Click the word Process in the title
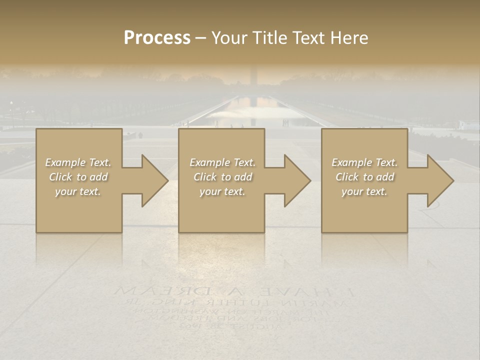[x=157, y=37]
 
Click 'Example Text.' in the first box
[x=78, y=162]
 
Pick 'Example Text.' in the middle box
[x=222, y=162]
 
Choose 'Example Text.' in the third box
[x=364, y=162]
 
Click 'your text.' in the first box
[x=78, y=191]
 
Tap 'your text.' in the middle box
[x=222, y=191]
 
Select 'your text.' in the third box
[x=364, y=191]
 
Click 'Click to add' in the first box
[x=78, y=177]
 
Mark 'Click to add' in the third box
[x=364, y=177]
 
